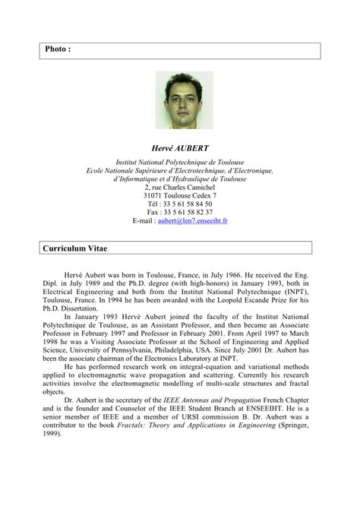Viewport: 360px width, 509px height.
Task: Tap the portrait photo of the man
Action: click(x=180, y=100)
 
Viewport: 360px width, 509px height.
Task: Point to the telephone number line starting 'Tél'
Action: click(x=180, y=204)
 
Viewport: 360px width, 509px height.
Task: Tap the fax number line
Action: click(x=180, y=213)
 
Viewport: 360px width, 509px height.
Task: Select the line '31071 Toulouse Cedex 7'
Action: click(x=180, y=196)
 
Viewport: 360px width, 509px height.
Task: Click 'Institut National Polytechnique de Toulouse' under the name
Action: click(x=180, y=163)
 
